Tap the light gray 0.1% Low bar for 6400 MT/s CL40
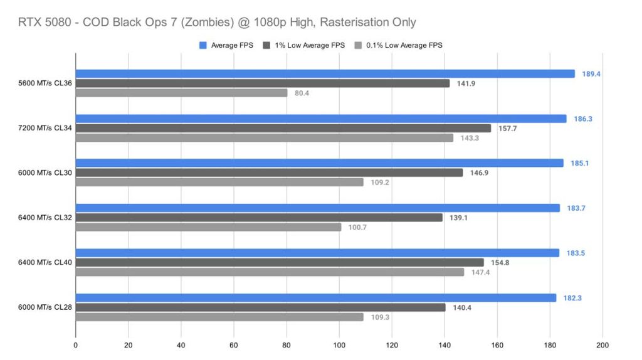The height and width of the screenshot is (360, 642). point(270,272)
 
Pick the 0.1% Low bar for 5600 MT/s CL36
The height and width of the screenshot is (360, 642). point(181,93)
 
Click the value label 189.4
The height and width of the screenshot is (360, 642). point(591,74)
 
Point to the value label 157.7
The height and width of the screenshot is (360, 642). point(507,128)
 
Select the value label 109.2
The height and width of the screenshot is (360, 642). point(379,183)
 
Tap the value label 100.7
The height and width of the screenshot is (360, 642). point(357,227)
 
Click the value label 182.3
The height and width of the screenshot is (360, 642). point(572,298)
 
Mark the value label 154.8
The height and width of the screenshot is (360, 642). point(499,263)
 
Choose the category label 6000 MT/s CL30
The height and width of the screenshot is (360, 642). point(46,172)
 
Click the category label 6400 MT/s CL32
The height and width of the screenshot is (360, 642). point(46,218)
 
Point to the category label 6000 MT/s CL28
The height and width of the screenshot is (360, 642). point(46,307)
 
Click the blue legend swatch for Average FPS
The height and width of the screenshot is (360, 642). point(203,45)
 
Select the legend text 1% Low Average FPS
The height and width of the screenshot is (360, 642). point(308,45)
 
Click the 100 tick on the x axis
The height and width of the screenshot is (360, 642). point(339,345)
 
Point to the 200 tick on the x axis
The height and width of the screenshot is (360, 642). point(603,345)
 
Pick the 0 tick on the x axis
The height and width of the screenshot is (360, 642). point(76,345)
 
